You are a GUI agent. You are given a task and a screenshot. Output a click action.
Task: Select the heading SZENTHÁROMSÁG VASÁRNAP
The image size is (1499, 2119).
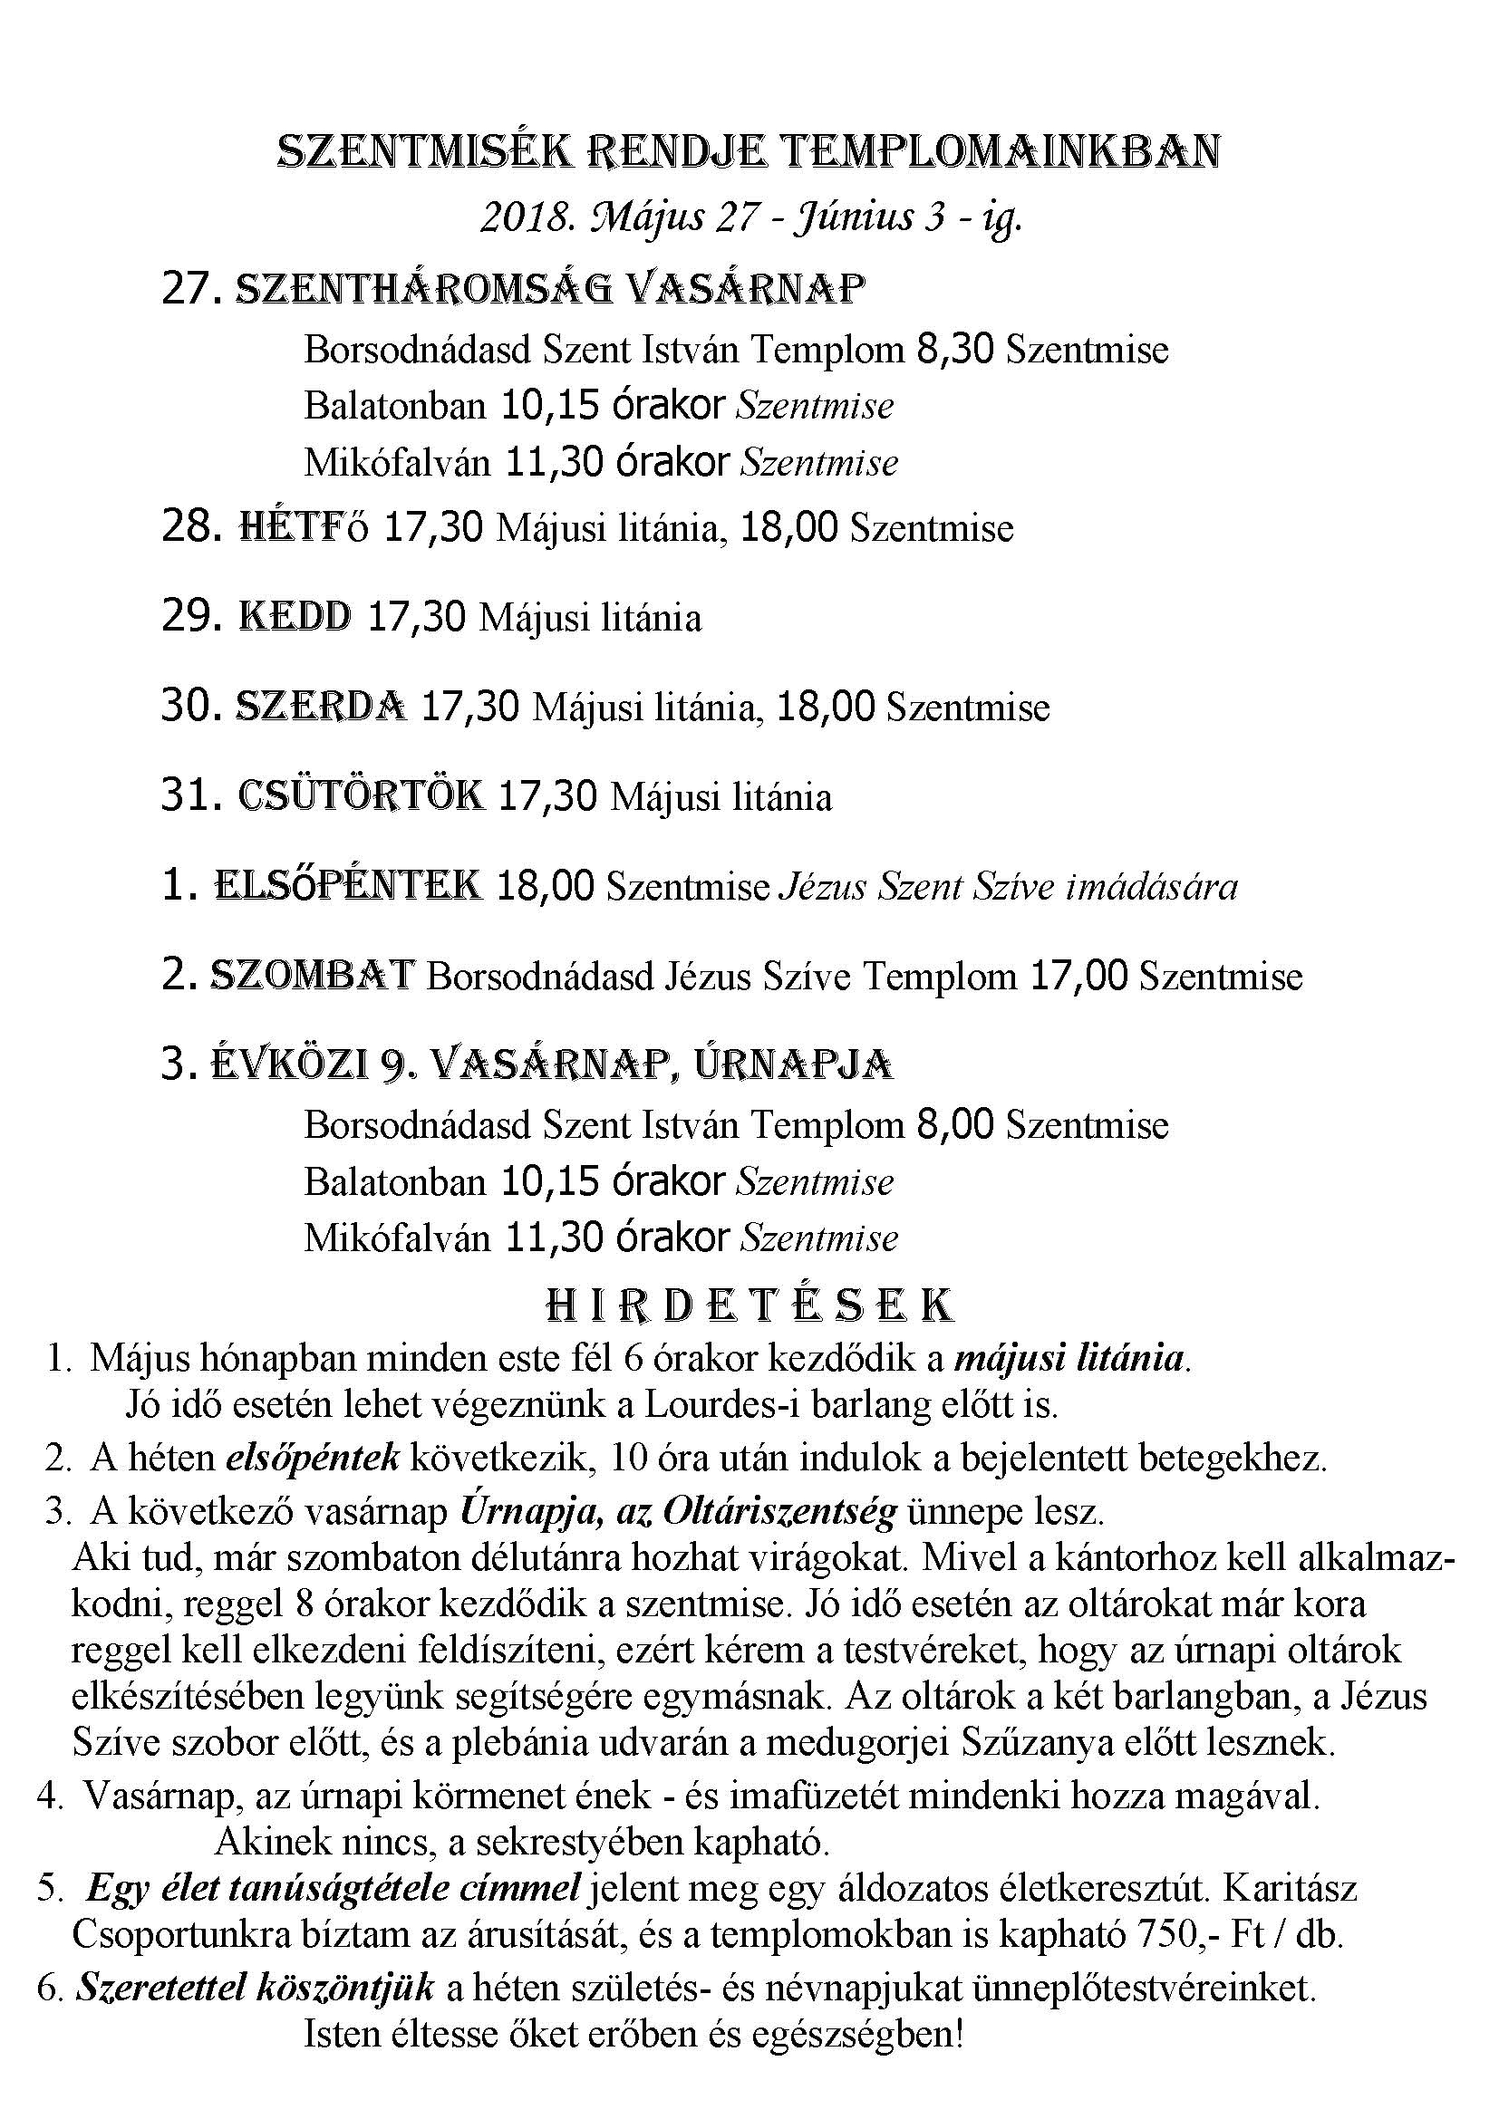coord(551,290)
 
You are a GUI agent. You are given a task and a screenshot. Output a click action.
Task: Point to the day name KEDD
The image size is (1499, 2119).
coord(295,617)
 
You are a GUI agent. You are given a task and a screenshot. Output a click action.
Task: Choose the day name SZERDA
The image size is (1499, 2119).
coord(320,706)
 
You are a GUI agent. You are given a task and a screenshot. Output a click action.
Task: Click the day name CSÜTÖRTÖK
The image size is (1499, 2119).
coord(360,795)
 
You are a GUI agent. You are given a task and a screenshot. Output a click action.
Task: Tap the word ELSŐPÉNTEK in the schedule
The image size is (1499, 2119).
coord(347,885)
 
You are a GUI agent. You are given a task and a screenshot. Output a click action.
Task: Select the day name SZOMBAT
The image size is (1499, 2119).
coord(313,976)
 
